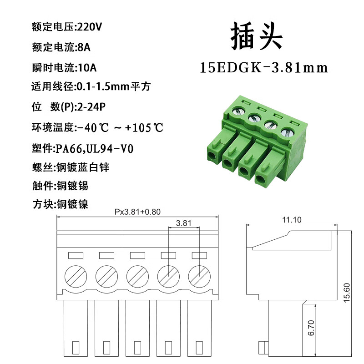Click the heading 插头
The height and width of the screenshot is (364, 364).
[x=257, y=37]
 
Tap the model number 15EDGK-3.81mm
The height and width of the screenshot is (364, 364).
[x=264, y=68]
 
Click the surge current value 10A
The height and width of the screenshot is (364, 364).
[x=87, y=68]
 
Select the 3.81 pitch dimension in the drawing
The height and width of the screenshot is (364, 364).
[x=183, y=223]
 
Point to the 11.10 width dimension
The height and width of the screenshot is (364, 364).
[x=292, y=220]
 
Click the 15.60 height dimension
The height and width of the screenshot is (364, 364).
[x=347, y=293]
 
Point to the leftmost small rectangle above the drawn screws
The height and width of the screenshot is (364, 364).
[x=75, y=255]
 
